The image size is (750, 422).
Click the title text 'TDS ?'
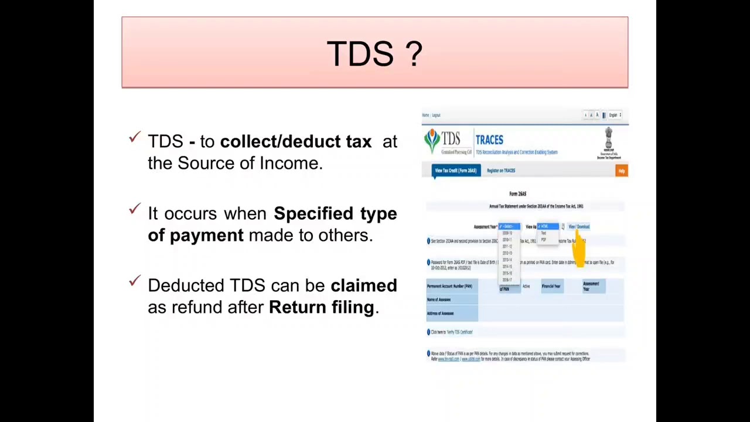tap(374, 53)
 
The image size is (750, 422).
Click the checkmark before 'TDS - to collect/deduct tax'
tap(135, 137)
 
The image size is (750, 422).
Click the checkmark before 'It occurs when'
tap(135, 209)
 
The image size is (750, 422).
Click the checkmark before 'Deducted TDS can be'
tap(135, 281)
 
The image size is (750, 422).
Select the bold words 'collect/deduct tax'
tap(295, 141)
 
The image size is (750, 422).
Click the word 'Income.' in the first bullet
tap(291, 164)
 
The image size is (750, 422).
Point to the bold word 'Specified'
tap(314, 214)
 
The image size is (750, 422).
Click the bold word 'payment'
tap(206, 236)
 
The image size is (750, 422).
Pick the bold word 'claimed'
tap(363, 285)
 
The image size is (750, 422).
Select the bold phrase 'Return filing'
tap(321, 307)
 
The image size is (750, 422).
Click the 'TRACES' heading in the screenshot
tap(489, 139)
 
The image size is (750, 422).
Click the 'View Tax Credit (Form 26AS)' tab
tap(455, 171)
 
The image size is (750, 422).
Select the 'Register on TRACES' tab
tap(501, 171)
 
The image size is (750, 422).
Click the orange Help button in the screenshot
tap(622, 171)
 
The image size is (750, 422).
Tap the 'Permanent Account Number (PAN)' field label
tap(449, 286)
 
